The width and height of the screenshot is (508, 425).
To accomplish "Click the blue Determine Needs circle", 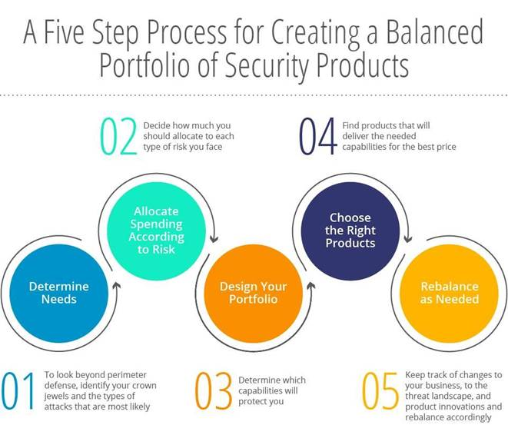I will (x=59, y=292).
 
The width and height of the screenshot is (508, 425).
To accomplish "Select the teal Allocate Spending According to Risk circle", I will (x=157, y=231).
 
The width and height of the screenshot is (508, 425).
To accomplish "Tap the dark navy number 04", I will (x=317, y=137).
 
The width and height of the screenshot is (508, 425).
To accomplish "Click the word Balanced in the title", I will (x=434, y=33).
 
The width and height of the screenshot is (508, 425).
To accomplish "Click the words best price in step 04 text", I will (x=434, y=146).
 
